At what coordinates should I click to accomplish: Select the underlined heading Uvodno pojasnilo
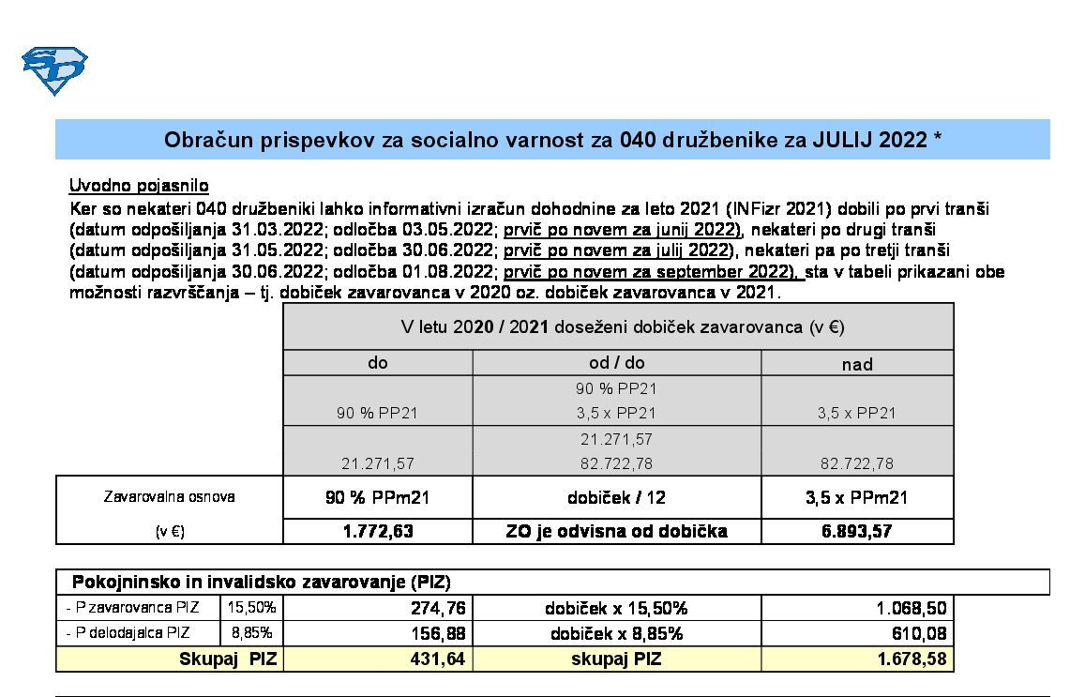click(x=139, y=186)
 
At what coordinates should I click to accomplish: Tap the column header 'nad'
click(x=857, y=364)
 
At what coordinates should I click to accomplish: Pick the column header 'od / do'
click(x=616, y=363)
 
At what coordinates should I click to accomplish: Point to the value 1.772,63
click(x=378, y=531)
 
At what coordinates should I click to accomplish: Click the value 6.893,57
click(x=857, y=531)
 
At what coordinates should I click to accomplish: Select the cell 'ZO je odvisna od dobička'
click(x=616, y=531)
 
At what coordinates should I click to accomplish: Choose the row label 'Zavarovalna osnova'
click(x=169, y=497)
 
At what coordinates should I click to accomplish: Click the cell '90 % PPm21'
click(x=378, y=497)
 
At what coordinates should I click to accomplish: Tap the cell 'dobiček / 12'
click(x=616, y=497)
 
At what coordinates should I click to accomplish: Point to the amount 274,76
click(x=438, y=608)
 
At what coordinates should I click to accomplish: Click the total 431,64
click(x=438, y=659)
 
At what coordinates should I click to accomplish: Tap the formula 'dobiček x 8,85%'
click(x=616, y=633)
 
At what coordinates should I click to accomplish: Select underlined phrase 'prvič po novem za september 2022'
click(x=651, y=272)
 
